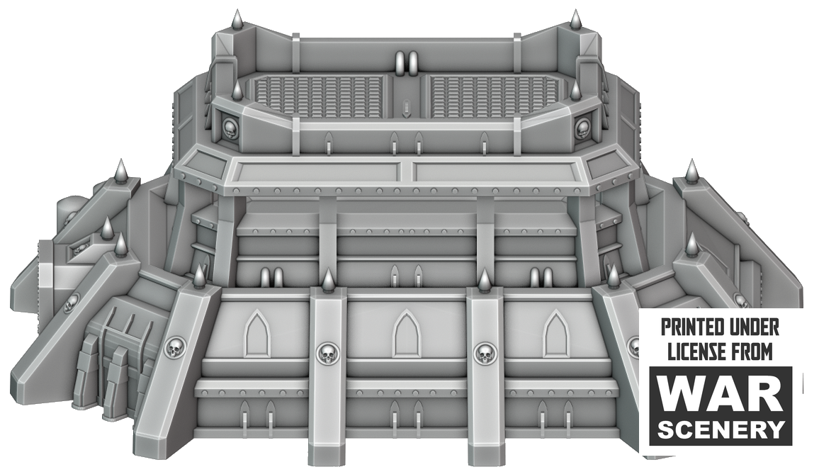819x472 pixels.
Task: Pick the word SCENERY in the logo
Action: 721,429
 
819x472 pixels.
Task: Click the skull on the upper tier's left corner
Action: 230,127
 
